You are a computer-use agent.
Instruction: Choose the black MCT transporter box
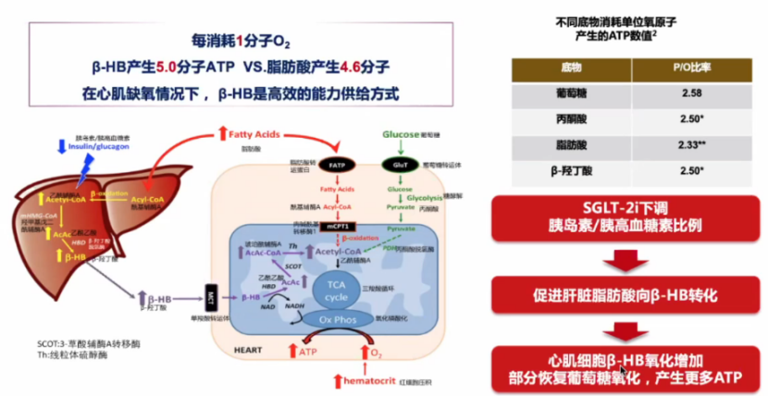212,300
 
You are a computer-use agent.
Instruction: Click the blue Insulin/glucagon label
94,145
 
